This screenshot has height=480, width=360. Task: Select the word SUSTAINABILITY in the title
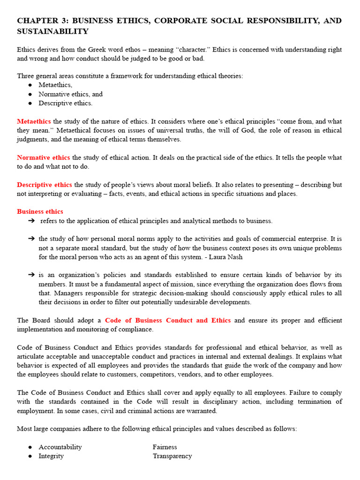52,31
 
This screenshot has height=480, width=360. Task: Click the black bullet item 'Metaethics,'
55,85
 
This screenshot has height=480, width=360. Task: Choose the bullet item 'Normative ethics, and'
70,94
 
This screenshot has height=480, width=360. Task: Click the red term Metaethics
34,121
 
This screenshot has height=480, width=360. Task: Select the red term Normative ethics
43,157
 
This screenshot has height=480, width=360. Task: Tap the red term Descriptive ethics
45,185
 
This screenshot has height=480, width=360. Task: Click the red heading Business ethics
40,211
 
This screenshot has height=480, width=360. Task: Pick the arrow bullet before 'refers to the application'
31,221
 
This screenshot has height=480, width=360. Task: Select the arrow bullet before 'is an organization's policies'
31,275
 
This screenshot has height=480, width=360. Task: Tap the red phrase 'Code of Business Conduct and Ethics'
168,320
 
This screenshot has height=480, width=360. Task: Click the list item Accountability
60,447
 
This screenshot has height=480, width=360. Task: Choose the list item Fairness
165,447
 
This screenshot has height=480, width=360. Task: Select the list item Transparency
172,456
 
